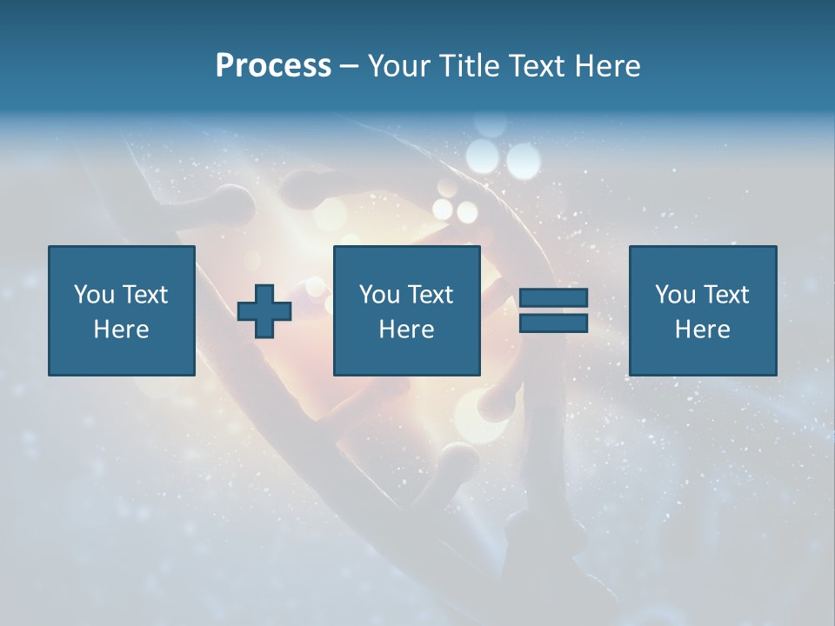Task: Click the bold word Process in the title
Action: (273, 66)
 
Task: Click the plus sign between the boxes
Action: (264, 311)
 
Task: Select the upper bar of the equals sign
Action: (553, 298)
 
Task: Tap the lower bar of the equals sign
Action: (553, 323)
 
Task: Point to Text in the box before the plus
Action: (144, 295)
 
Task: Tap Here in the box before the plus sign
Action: (122, 330)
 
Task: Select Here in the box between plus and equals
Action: (406, 330)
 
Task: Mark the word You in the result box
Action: (676, 295)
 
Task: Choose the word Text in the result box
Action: (725, 295)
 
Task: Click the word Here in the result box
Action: (702, 330)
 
